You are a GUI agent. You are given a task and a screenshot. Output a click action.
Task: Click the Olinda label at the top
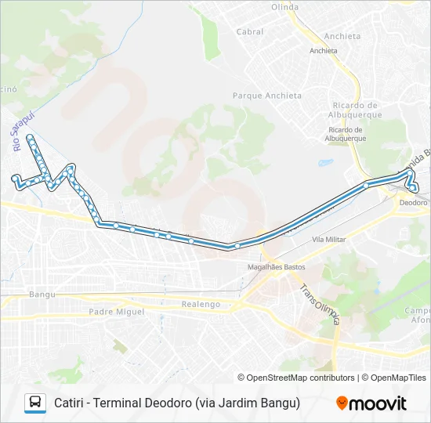point(284,7)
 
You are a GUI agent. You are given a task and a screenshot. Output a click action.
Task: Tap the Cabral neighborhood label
point(250,32)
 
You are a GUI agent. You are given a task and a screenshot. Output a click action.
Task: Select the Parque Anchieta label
point(267,96)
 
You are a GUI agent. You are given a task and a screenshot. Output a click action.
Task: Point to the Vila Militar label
point(328,239)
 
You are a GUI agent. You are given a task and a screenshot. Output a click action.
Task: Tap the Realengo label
point(201,304)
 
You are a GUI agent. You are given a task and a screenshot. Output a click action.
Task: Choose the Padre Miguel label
point(117,311)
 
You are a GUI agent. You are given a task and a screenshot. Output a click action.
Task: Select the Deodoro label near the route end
point(414,202)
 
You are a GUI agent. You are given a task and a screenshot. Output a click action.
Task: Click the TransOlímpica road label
point(321,303)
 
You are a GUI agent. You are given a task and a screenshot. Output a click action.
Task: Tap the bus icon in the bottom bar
point(35,403)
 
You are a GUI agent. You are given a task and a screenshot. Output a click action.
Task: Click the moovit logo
point(371,403)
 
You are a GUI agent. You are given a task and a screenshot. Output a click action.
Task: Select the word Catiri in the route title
point(71,403)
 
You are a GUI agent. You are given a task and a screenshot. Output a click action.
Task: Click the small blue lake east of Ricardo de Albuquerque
point(325,164)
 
